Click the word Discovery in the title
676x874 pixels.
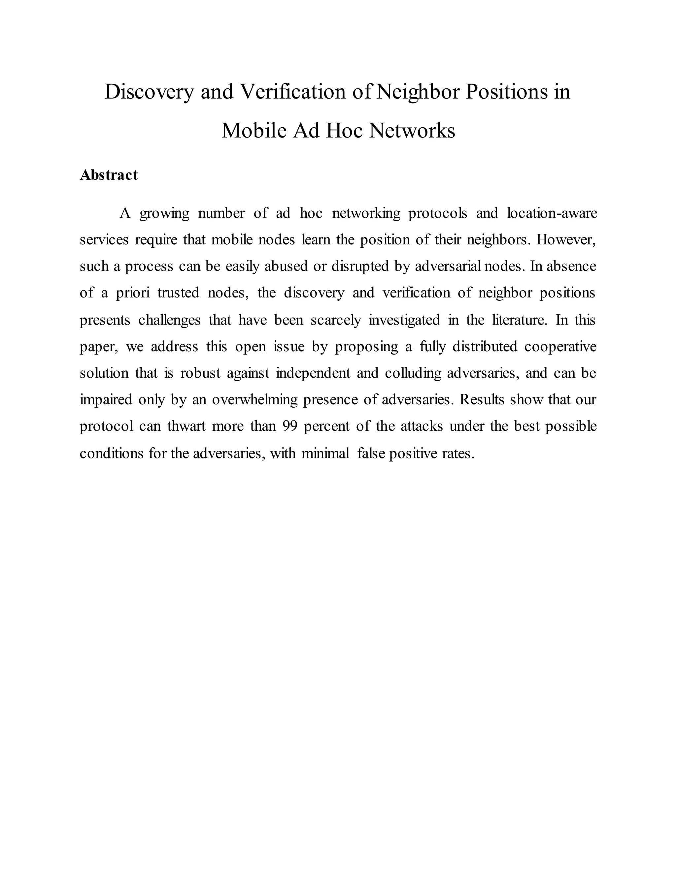(149, 92)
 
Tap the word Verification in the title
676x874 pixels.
(292, 92)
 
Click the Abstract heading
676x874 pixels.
(109, 175)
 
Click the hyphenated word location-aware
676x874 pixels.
(552, 213)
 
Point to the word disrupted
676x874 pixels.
(360, 266)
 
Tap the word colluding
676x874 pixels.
(413, 373)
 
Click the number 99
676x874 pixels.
(289, 426)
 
